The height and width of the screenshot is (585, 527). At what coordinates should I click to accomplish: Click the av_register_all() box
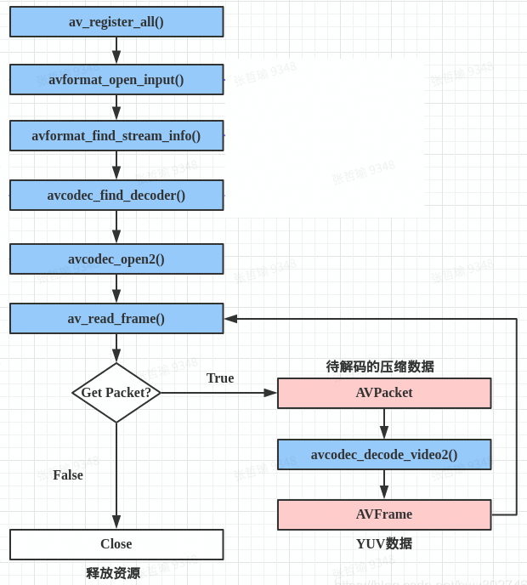116,22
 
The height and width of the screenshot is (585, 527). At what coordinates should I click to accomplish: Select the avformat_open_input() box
116,80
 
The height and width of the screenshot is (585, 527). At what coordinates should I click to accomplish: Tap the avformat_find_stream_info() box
116,136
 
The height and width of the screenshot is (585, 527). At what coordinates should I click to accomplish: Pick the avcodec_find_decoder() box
116,196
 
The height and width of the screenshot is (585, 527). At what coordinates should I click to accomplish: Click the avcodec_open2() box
116,259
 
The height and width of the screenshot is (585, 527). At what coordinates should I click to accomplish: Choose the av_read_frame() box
116,319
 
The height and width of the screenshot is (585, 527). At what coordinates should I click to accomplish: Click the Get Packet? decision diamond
116,393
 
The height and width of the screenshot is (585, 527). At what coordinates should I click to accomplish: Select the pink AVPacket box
384,393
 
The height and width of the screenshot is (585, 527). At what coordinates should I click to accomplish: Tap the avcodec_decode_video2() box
384,455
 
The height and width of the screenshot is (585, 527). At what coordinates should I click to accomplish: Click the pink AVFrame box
384,514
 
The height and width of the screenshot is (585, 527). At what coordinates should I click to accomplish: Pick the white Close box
116,544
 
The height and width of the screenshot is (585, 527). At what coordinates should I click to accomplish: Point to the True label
220,378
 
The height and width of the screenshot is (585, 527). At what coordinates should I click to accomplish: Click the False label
68,475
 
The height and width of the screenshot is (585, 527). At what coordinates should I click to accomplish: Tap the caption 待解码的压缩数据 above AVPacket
380,366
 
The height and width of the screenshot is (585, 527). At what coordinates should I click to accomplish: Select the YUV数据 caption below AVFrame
384,543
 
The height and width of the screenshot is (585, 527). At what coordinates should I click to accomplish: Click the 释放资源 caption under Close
113,573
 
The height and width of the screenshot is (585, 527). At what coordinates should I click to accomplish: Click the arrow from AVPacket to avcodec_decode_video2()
384,423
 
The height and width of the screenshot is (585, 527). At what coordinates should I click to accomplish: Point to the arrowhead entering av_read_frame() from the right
230,319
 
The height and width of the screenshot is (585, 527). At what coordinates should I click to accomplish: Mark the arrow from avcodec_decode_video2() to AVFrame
384,485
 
